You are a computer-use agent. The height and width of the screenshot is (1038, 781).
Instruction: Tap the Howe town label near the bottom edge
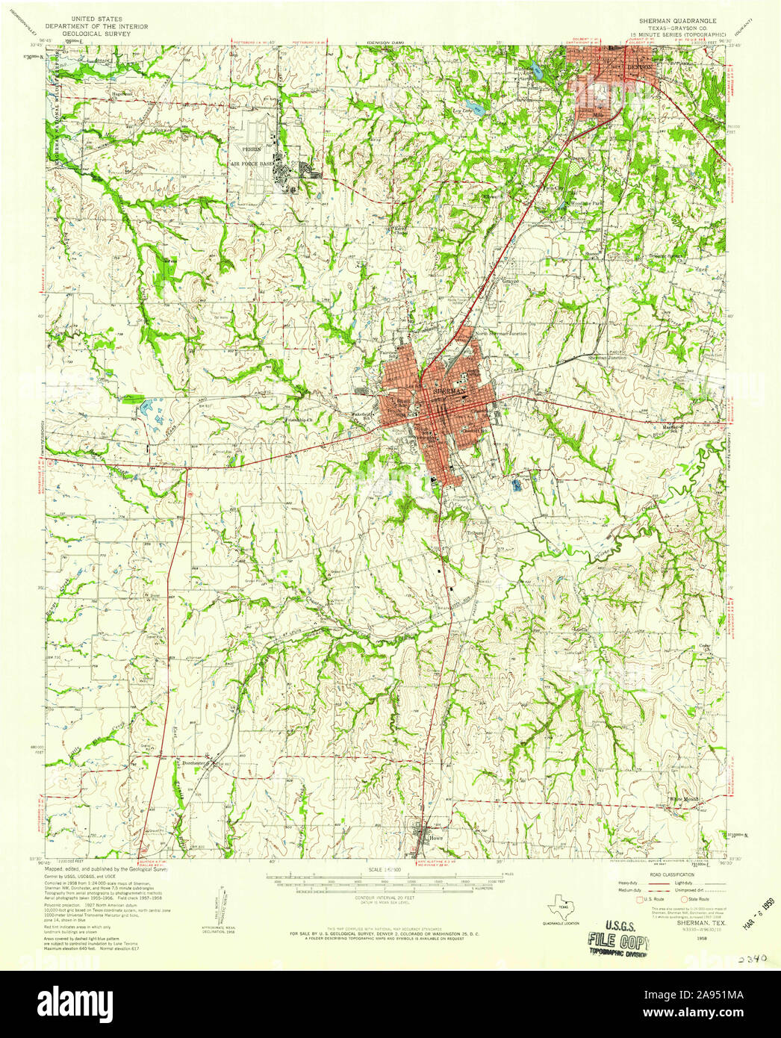coord(437,838)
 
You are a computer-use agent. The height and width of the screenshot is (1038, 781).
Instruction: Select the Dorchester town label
coord(193,763)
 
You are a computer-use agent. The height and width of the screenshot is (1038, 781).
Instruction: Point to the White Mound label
coord(684,798)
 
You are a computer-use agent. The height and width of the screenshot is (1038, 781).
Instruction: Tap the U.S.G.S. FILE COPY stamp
coord(617,936)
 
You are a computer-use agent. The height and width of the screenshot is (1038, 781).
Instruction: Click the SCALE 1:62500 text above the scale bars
coord(385,870)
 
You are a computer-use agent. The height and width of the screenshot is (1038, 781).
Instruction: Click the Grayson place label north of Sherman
coord(510,282)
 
